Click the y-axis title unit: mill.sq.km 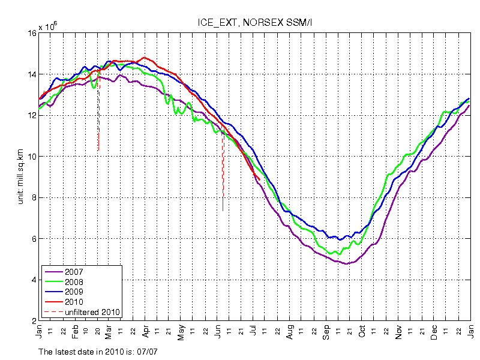20,177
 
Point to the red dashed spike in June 223,174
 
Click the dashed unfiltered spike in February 98,120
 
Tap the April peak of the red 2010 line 143,58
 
